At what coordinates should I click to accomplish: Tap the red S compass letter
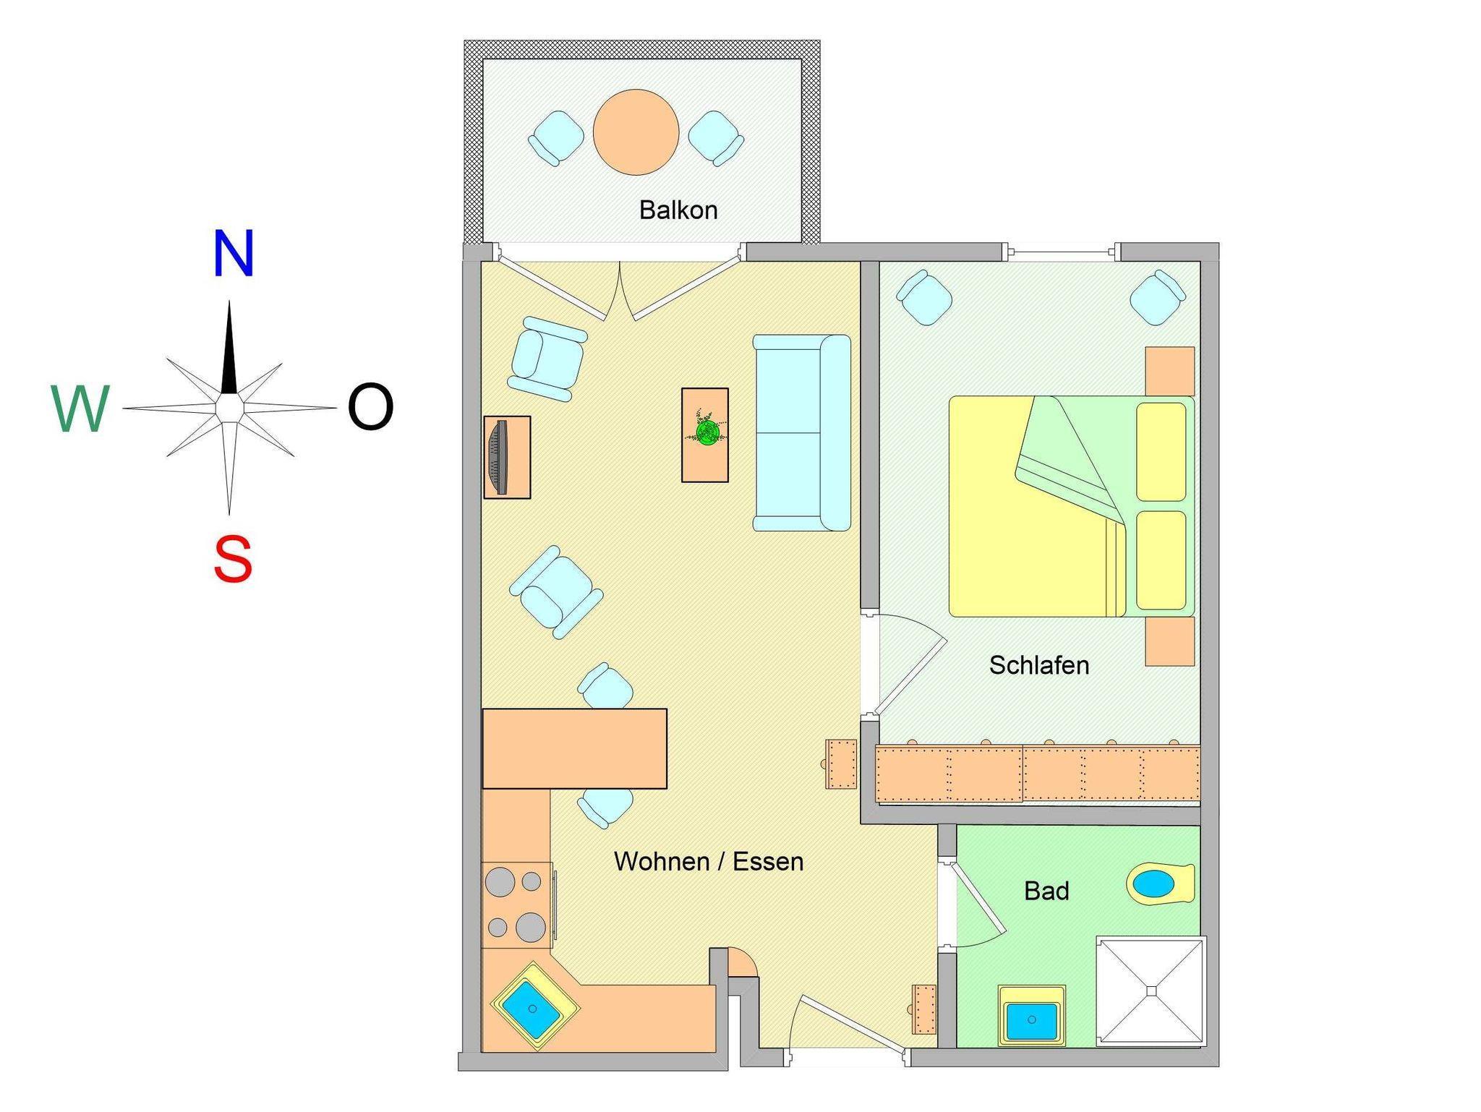coord(233,559)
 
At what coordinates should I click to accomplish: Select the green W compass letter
coord(80,409)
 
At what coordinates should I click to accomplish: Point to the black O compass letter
coord(370,408)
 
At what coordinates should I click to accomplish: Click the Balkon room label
coord(678,210)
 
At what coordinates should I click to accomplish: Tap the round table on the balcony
coord(636,132)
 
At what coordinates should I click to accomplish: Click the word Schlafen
coord(1039,664)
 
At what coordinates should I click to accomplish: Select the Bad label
coord(1046,891)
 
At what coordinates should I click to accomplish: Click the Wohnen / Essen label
coord(709,861)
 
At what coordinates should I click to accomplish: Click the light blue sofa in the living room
coord(802,432)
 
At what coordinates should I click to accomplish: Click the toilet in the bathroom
coord(1160,884)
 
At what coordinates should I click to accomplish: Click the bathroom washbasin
coord(1032,1016)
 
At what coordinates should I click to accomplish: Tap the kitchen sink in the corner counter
coord(535,1006)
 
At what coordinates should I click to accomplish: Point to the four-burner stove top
coord(518,904)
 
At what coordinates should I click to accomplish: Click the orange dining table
coord(575,748)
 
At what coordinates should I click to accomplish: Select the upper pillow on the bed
coord(1161,452)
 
